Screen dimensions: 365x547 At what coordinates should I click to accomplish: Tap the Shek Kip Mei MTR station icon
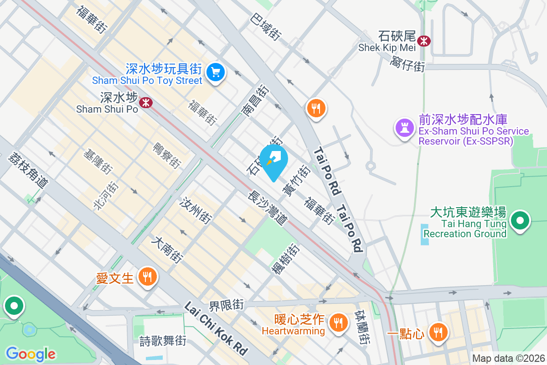424,41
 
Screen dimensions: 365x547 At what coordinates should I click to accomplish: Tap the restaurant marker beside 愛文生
147,276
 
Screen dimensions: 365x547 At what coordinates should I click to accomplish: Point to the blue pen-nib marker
273,160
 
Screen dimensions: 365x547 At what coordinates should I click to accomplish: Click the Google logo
31,354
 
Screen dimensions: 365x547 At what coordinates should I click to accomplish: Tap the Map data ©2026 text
508,359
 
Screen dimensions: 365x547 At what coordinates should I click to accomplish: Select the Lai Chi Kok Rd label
216,328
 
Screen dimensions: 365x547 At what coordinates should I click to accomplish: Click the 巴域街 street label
265,25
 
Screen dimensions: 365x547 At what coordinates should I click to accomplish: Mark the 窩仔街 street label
407,64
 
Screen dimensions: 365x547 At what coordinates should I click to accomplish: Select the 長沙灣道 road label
268,207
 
